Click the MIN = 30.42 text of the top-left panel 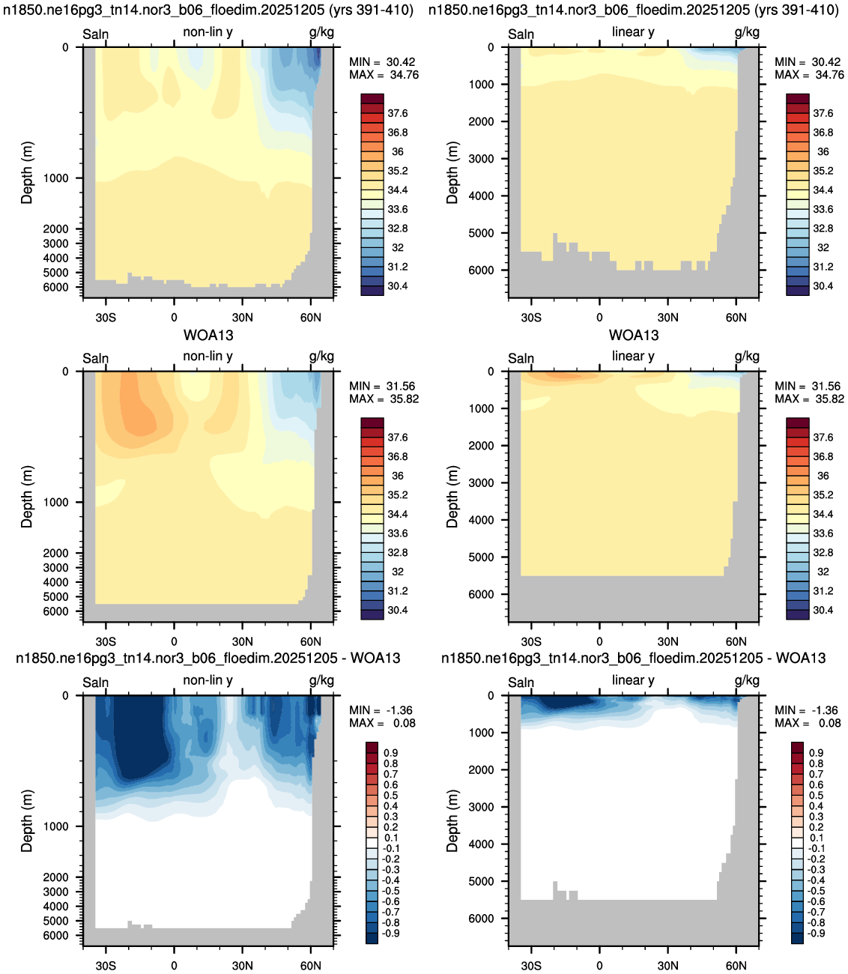pos(382,62)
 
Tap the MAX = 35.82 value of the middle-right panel pos(810,399)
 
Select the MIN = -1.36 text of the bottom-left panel pos(381,710)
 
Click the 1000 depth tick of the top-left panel pos(56,178)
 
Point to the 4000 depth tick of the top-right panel pos(482,196)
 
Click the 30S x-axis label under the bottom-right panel pos(531,966)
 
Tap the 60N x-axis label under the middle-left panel pos(311,641)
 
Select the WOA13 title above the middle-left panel pos(208,335)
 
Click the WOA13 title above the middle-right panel pos(634,335)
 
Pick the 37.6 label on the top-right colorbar pos(823,113)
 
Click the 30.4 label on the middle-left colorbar pos(398,611)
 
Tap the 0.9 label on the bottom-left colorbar pos(390,753)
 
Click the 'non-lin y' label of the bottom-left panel pos(208,680)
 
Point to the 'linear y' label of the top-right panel pos(634,32)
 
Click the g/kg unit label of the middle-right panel pos(747,356)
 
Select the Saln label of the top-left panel pos(96,34)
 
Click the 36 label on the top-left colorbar pos(398,152)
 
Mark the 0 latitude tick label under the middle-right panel pos(599,641)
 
